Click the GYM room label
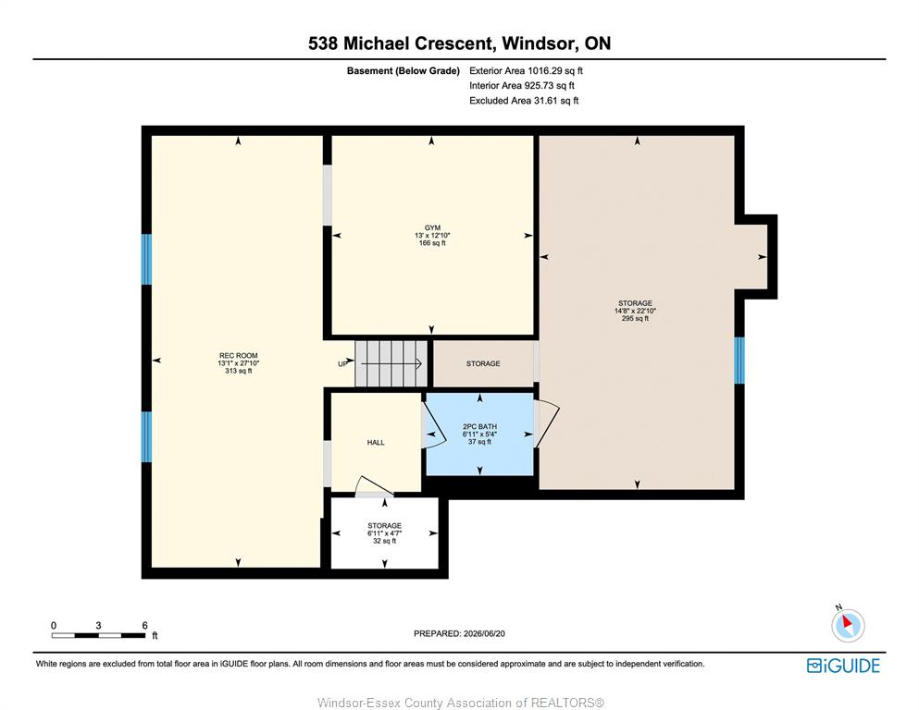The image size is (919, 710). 432,227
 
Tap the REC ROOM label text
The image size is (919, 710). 239,355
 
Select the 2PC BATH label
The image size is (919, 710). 479,427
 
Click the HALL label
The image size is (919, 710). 376,443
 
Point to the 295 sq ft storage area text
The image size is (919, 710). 635,318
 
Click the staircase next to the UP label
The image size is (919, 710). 391,363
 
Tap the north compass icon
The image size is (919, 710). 848,624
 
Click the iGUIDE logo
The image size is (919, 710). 843,666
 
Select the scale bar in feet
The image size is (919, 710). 99,635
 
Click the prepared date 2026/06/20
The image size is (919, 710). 484,633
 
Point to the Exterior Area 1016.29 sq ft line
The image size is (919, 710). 526,71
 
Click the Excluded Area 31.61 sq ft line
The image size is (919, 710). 524,101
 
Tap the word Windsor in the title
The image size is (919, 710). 538,43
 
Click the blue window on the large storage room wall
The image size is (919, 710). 739,361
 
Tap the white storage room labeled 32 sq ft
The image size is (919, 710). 384,532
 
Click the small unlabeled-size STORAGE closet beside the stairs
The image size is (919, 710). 483,363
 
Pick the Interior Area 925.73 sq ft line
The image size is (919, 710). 522,85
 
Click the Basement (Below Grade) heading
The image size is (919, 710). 404,71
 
